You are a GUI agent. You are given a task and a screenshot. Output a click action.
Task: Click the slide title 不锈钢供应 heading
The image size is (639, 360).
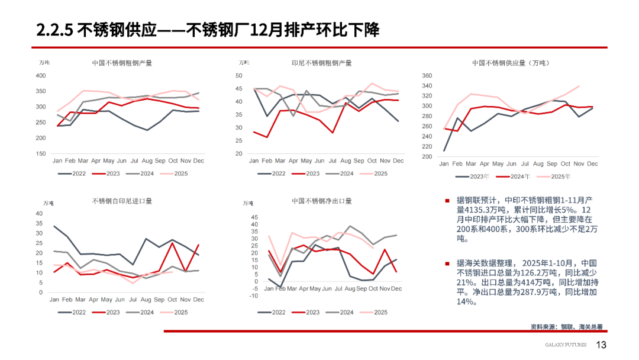coord(208,30)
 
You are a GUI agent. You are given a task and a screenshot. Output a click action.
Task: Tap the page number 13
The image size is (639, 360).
coord(601,345)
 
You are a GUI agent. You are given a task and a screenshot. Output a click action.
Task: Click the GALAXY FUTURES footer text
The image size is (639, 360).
coord(566,345)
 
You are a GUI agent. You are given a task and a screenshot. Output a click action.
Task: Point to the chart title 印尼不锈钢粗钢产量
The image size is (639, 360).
coord(322,63)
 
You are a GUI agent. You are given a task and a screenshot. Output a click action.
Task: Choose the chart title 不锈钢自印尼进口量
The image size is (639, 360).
coord(122,201)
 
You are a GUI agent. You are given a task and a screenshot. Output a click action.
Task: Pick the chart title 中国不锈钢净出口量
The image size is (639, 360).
coord(322,201)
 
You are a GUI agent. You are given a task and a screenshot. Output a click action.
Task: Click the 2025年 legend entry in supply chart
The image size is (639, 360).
coord(560,176)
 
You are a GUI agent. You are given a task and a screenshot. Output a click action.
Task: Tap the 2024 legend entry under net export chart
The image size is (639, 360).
coord(346,312)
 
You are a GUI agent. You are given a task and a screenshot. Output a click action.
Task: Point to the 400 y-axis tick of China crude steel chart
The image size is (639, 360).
coord(41,76)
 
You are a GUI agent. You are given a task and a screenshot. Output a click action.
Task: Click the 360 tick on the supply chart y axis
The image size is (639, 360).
coord(427,76)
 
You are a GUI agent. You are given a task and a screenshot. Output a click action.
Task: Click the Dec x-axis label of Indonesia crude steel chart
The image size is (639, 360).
coord(399,161)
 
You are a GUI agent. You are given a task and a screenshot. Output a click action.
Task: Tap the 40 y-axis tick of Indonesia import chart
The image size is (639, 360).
coord(40,213)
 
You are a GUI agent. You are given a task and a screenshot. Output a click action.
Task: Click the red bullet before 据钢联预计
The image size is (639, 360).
coord(447,201)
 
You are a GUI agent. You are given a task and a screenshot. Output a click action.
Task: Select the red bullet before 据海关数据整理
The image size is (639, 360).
coord(447,263)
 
